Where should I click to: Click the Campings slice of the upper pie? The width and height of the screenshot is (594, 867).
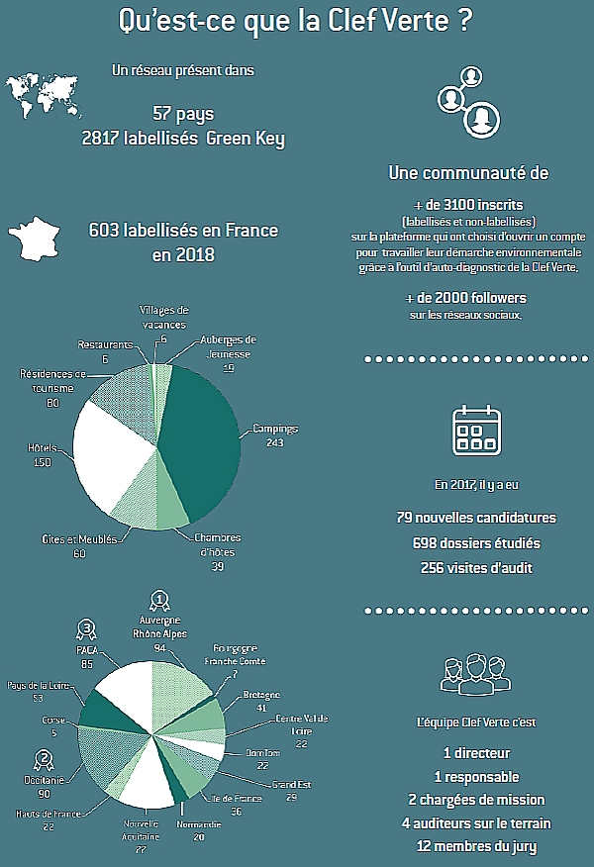click(x=203, y=435)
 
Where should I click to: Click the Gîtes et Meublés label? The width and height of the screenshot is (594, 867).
click(x=78, y=539)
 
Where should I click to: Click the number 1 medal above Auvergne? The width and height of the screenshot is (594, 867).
click(x=158, y=600)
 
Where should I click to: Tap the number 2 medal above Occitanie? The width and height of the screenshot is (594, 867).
click(x=44, y=761)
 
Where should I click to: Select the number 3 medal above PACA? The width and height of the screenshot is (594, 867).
click(x=87, y=628)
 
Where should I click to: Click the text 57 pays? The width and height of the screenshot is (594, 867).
click(x=183, y=113)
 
